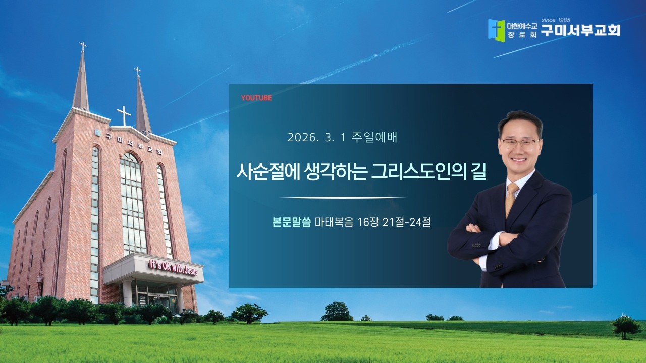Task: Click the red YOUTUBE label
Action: (x=256, y=98)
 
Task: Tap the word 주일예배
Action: (x=376, y=137)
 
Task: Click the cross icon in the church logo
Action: (x=496, y=30)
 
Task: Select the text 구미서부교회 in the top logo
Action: (x=580, y=30)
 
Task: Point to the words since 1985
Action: (x=555, y=20)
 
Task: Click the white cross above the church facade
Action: (x=124, y=115)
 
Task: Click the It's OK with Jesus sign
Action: (x=172, y=267)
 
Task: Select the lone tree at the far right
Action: (x=626, y=327)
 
